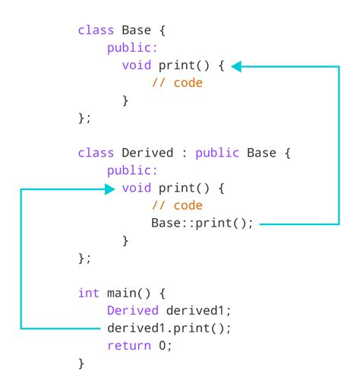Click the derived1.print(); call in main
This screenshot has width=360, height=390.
[169, 328]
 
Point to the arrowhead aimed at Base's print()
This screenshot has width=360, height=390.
[236, 67]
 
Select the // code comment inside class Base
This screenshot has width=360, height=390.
[177, 83]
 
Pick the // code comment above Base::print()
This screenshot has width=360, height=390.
[177, 206]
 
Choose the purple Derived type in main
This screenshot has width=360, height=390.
[128, 310]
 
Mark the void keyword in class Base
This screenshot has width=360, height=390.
[136, 65]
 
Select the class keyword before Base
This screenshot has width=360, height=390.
[95, 31]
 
